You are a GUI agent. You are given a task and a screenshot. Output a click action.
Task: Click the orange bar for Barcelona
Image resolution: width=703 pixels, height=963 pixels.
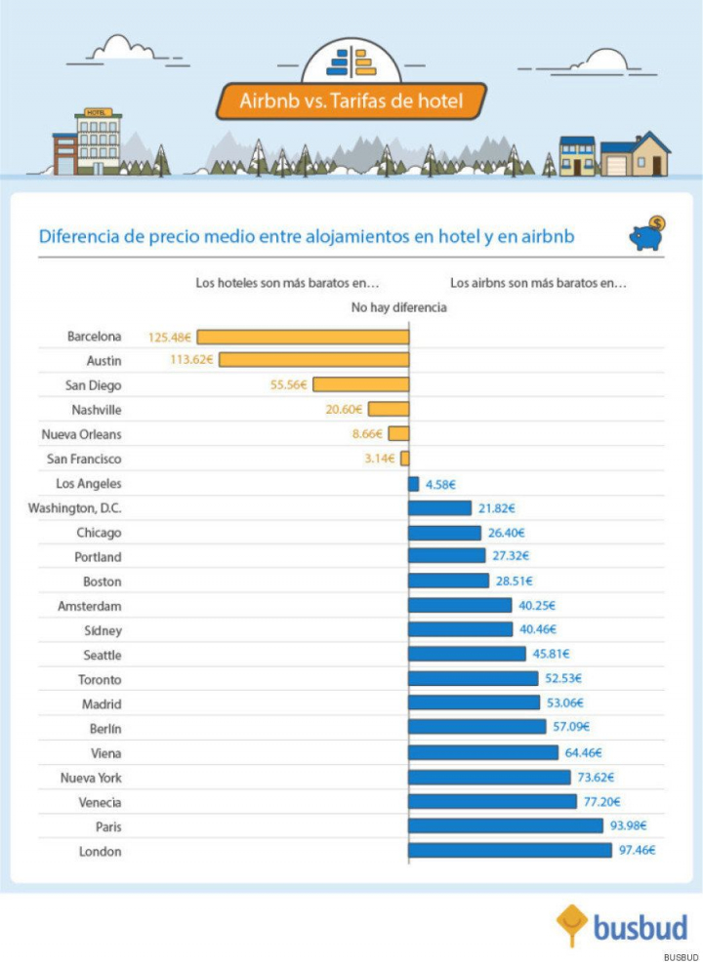tap(303, 337)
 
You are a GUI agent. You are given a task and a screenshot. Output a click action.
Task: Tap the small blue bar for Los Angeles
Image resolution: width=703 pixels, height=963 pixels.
tap(414, 484)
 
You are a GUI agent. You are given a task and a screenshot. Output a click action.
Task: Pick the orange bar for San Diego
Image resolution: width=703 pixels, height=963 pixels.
tap(360, 384)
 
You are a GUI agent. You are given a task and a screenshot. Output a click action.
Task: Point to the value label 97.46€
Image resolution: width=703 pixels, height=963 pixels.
tap(636, 850)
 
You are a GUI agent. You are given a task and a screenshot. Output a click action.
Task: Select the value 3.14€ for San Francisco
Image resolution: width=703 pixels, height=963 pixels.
tap(379, 459)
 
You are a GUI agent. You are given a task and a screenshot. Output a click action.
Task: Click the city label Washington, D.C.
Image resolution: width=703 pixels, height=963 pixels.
tap(75, 508)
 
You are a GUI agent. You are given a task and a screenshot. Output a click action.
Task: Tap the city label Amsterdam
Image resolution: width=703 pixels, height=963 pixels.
tap(90, 606)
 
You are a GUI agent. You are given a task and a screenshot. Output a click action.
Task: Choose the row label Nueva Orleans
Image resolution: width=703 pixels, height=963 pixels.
tap(82, 434)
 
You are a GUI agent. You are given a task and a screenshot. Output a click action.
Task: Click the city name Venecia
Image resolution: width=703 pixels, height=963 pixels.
tap(100, 802)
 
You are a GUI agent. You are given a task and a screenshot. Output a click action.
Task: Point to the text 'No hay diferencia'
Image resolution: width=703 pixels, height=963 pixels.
tap(398, 307)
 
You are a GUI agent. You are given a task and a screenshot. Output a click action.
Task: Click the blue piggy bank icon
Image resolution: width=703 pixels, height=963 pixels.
tap(646, 234)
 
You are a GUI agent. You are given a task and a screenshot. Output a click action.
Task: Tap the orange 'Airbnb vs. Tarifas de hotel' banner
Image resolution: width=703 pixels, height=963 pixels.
tap(350, 100)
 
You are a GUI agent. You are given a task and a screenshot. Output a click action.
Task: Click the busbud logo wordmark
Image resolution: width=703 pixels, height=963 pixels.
tap(641, 926)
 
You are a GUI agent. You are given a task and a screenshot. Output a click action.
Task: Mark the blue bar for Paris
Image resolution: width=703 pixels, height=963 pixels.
tap(505, 825)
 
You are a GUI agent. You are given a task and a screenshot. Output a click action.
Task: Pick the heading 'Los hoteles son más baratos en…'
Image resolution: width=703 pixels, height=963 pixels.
tap(287, 284)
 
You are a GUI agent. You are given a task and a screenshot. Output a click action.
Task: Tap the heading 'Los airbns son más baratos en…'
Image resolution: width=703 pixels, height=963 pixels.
tap(538, 284)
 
